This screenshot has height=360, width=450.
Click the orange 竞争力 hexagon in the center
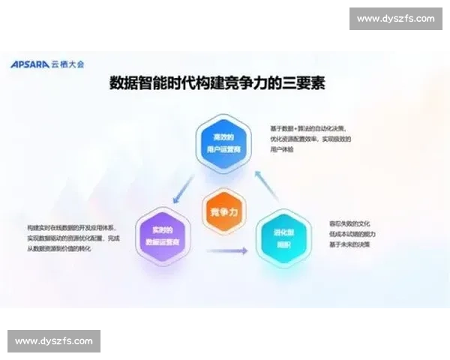[224, 212]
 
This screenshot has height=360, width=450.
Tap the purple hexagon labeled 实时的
[163, 236]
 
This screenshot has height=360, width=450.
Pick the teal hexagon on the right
[283, 238]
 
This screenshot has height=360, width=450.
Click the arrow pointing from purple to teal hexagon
[226, 250]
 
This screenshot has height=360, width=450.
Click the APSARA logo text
[29, 64]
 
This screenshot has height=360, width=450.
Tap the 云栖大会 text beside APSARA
[67, 64]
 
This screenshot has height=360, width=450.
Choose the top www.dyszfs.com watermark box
[396, 18]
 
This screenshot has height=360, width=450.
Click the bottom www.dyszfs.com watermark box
[54, 341]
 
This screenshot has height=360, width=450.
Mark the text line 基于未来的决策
[349, 244]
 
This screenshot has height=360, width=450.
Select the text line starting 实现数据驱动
[73, 238]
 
